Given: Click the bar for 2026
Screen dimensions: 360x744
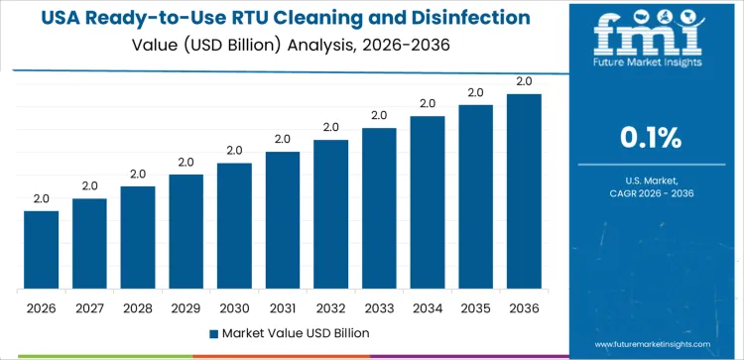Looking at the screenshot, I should coord(42,250).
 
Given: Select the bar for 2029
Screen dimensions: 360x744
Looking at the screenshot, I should coord(186,232).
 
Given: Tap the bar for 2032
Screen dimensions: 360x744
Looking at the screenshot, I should coord(330,214).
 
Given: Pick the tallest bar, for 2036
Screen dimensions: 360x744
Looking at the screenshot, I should coord(524,191).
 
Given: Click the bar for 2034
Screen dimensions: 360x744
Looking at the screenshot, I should coord(428,202).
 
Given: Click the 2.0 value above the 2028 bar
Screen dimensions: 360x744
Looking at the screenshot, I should coord(138,174).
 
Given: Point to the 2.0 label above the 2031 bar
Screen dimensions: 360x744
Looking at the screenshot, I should coord(283,139).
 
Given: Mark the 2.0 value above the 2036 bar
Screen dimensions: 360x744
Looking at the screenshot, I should coord(524,81).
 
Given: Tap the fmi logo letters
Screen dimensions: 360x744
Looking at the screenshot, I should coord(651,37).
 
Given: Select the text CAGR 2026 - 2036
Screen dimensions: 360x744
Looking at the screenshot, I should coord(651,193).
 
